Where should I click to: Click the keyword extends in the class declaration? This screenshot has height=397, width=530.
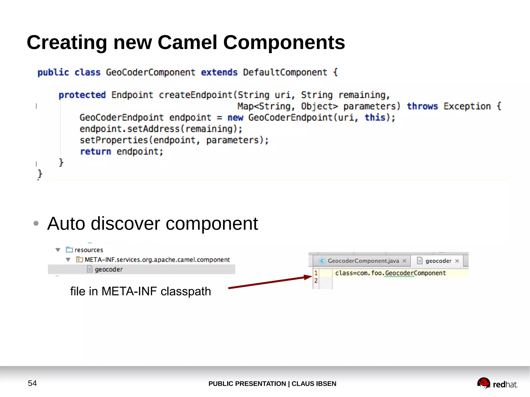point(219,72)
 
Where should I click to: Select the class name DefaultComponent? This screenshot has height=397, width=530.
point(285,72)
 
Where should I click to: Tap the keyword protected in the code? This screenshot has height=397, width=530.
point(82,95)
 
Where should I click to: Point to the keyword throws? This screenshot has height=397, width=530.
point(422,106)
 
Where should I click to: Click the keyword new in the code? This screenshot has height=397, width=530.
point(235,118)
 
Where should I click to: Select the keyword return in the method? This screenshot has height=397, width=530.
point(95,151)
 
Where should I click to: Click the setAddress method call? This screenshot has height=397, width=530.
point(153,129)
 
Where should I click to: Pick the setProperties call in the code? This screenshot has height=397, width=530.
point(114,140)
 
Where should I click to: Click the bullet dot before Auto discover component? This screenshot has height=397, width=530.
point(36,223)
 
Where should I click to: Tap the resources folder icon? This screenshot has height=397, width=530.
point(69,250)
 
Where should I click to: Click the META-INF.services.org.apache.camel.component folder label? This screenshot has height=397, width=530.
point(157,259)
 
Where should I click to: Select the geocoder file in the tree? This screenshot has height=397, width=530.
point(109,269)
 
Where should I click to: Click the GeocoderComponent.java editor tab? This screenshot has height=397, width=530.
point(363,261)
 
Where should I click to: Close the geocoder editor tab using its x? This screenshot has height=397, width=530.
point(457,261)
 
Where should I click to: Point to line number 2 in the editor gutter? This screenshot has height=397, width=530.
point(316,281)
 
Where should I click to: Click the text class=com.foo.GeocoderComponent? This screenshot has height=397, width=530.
point(390,273)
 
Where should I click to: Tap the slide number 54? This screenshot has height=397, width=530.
point(32,383)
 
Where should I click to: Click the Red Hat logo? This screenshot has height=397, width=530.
point(497,383)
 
